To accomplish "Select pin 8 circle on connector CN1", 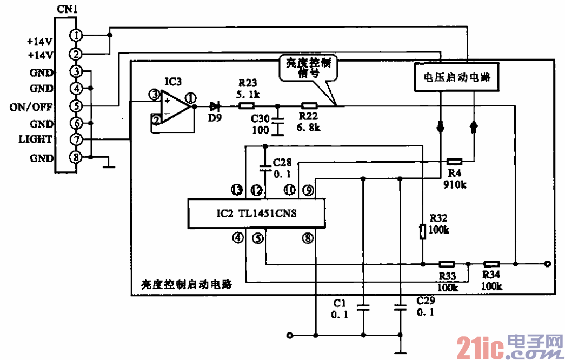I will point(77,158).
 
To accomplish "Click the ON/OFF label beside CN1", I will point(31,106).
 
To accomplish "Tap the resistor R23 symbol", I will point(247,105).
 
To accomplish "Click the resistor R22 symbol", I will point(309,105).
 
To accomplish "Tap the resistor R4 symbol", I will point(455,161).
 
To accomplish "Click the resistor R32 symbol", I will point(422,232).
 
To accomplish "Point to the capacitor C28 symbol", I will point(264,167).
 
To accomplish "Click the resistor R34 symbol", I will point(491,264).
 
